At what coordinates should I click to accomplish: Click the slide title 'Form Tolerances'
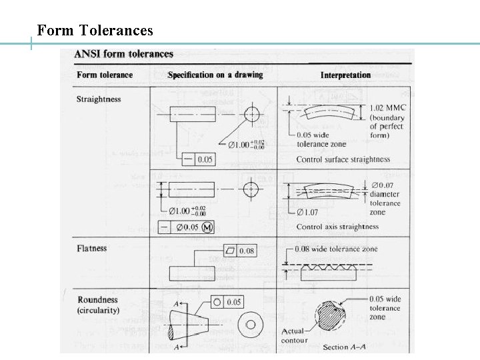coord(95,31)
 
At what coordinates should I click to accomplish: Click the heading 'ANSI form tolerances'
coord(124,55)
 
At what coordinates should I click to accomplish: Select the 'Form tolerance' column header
coord(105,75)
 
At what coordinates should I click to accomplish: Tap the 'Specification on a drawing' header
coord(215,75)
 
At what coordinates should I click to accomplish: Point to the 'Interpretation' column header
coord(345,75)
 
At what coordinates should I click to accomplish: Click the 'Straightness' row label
coord(99,99)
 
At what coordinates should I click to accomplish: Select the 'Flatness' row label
coord(92,249)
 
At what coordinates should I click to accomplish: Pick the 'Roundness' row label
coord(98,300)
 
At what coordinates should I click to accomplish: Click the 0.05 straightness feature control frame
coord(198,159)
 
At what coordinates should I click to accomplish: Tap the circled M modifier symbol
coord(207,227)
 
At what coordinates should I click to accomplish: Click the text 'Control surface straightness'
coord(343,159)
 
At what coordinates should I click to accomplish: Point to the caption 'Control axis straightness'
coord(337,227)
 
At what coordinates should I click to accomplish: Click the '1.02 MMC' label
coord(388,108)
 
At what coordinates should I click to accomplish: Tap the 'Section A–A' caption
coord(345,347)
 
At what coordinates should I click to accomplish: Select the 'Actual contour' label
coord(294,335)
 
